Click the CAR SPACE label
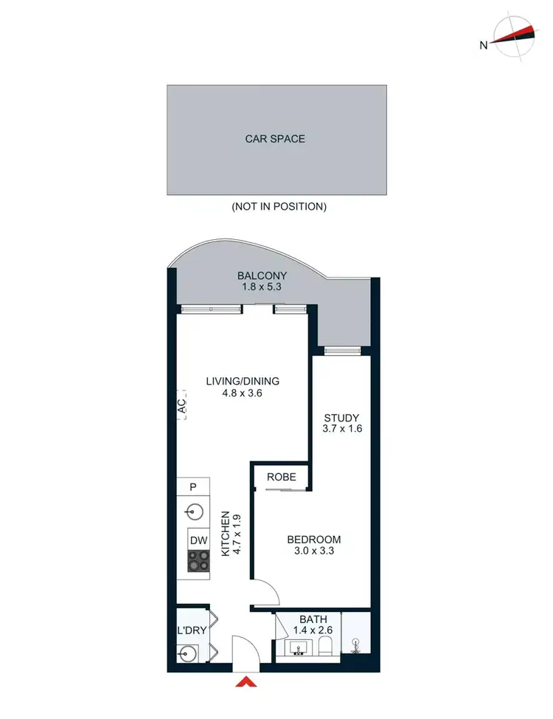click(275, 139)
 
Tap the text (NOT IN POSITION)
click(279, 207)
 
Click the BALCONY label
click(262, 276)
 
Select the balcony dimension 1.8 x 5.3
click(262, 289)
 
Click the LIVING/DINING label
click(243, 381)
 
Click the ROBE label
click(281, 477)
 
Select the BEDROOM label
click(314, 540)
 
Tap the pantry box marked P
click(192, 486)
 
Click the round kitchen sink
click(193, 511)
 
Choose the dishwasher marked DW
click(197, 540)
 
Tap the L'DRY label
click(191, 631)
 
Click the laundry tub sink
click(187, 653)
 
